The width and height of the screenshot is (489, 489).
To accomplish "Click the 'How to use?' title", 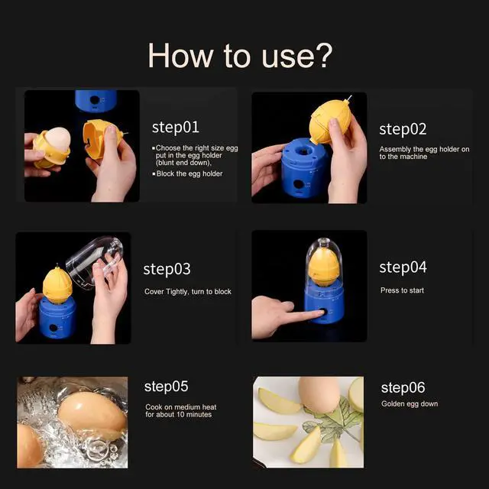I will click(240, 56).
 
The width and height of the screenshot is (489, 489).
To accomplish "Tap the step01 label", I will click(175, 128).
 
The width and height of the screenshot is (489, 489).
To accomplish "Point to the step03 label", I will click(167, 270).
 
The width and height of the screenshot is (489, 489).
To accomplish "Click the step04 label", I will click(403, 267).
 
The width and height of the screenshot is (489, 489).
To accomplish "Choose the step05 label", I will click(166, 387).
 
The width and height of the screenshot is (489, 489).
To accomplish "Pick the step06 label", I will click(403, 387).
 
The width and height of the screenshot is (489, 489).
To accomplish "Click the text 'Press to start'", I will click(402, 290).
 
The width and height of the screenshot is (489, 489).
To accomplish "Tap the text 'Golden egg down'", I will click(410, 403).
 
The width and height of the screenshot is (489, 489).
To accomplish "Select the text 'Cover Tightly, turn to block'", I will click(188, 292).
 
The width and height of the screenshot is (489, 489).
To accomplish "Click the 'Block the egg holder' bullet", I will click(189, 174).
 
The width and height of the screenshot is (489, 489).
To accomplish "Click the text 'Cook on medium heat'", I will click(181, 407).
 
